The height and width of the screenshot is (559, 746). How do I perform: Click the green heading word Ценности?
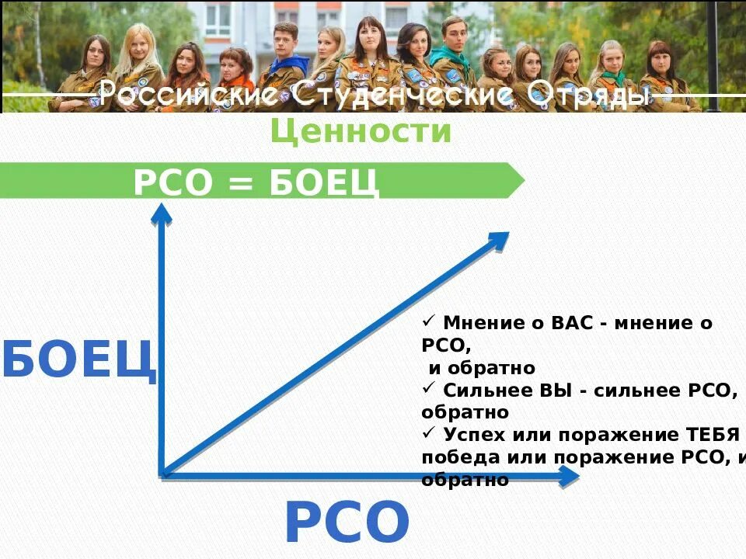[x=361, y=132]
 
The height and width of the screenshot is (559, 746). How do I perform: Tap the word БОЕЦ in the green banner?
[x=324, y=183]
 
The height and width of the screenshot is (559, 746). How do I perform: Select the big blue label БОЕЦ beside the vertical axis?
[x=78, y=359]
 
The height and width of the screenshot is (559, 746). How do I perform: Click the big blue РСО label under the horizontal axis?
[x=347, y=523]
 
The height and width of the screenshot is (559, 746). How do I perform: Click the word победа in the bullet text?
[x=458, y=457]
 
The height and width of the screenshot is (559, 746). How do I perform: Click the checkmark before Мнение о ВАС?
[x=430, y=321]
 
